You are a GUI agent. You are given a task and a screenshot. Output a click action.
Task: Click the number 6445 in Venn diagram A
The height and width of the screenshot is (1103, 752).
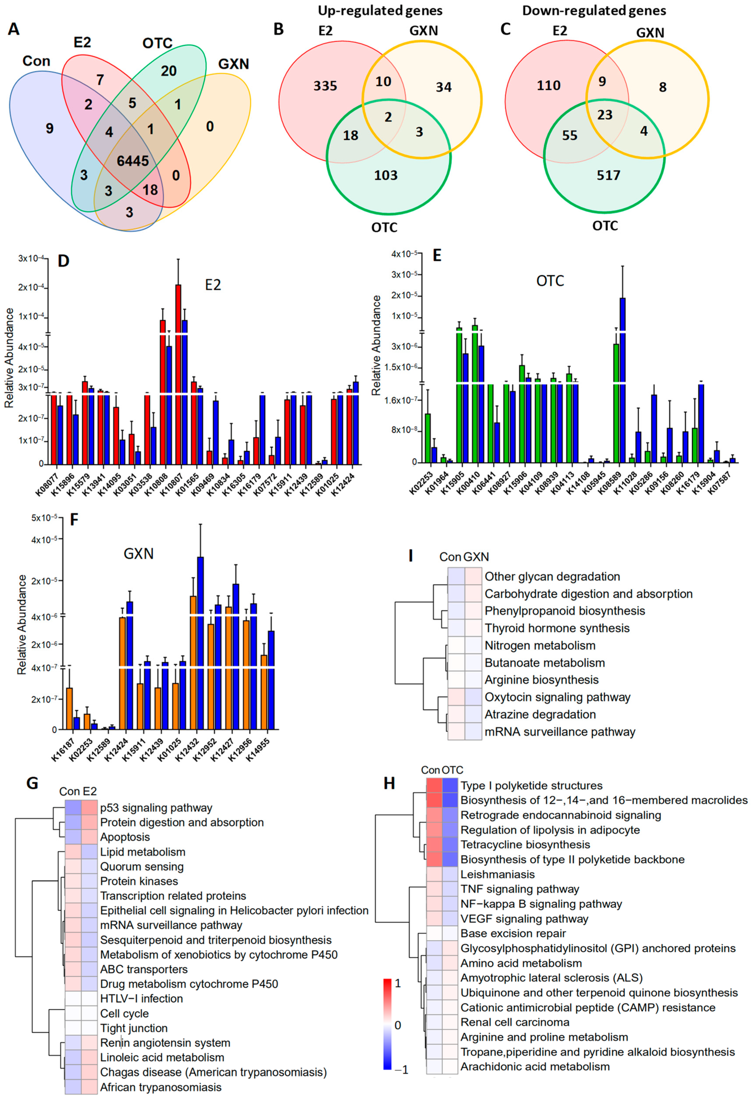click(133, 161)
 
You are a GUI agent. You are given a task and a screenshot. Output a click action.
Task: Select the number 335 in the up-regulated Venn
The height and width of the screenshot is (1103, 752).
click(325, 86)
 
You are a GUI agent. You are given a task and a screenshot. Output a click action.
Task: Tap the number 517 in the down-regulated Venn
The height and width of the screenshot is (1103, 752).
click(608, 176)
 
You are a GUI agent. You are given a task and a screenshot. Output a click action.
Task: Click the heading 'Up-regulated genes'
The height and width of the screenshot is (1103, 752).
click(380, 10)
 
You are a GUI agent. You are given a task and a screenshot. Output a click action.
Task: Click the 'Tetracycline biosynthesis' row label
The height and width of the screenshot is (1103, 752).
click(525, 844)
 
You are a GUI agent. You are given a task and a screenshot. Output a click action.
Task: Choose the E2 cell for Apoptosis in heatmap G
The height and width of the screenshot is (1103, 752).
click(90, 837)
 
